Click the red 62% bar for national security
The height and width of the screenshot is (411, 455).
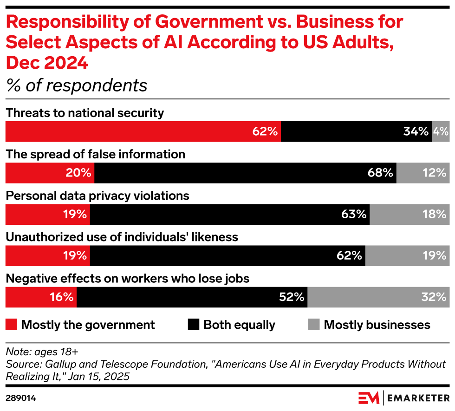point(143,131)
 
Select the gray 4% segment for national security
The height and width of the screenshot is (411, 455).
point(441,131)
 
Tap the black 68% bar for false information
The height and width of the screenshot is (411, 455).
point(245,173)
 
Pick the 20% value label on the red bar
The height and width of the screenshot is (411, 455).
point(78,173)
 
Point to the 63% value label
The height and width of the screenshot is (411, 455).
point(354,214)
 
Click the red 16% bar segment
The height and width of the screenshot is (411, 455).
point(41,297)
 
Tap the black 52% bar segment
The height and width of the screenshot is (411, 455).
point(192,297)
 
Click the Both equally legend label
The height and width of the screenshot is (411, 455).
point(239,325)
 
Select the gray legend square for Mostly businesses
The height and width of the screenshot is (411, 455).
point(314,325)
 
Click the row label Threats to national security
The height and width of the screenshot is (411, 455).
point(84,113)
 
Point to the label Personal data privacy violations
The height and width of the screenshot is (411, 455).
point(97,196)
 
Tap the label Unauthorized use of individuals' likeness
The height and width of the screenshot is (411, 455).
point(122,237)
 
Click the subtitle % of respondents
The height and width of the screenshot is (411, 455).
point(76,85)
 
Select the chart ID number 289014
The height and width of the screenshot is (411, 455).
point(21,398)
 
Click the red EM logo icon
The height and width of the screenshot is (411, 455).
point(369,398)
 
